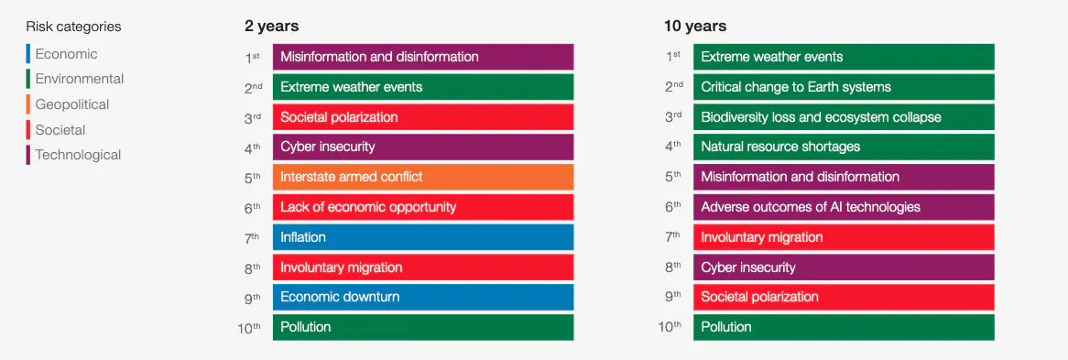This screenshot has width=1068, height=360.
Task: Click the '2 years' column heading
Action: (272, 27)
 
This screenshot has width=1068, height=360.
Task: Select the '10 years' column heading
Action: (695, 27)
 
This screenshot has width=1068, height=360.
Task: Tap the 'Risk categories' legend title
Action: (73, 27)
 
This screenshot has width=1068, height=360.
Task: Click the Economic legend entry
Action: (66, 54)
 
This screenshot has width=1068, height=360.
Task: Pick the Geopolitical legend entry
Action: (72, 104)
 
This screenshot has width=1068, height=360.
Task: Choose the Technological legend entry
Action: (79, 155)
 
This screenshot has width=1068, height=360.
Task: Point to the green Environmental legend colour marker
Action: (27, 79)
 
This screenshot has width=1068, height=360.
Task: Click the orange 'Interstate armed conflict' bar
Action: (423, 177)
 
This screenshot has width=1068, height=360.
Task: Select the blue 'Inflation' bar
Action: (423, 236)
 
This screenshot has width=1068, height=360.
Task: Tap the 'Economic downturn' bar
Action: (423, 297)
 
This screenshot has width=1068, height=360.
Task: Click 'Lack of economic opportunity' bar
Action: (423, 207)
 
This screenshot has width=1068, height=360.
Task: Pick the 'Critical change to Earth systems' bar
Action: (844, 87)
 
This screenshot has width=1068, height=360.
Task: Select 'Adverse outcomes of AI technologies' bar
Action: (844, 207)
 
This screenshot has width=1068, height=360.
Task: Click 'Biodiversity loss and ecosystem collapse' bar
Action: (844, 116)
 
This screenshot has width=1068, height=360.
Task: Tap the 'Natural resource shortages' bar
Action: (844, 147)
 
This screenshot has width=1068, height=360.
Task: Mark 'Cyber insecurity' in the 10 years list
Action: (844, 267)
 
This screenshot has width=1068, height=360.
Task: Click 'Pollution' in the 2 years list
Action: (423, 327)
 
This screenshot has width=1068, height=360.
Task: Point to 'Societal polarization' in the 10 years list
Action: (844, 297)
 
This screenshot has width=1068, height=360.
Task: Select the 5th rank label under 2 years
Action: (253, 178)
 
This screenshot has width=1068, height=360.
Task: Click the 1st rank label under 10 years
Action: (673, 58)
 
